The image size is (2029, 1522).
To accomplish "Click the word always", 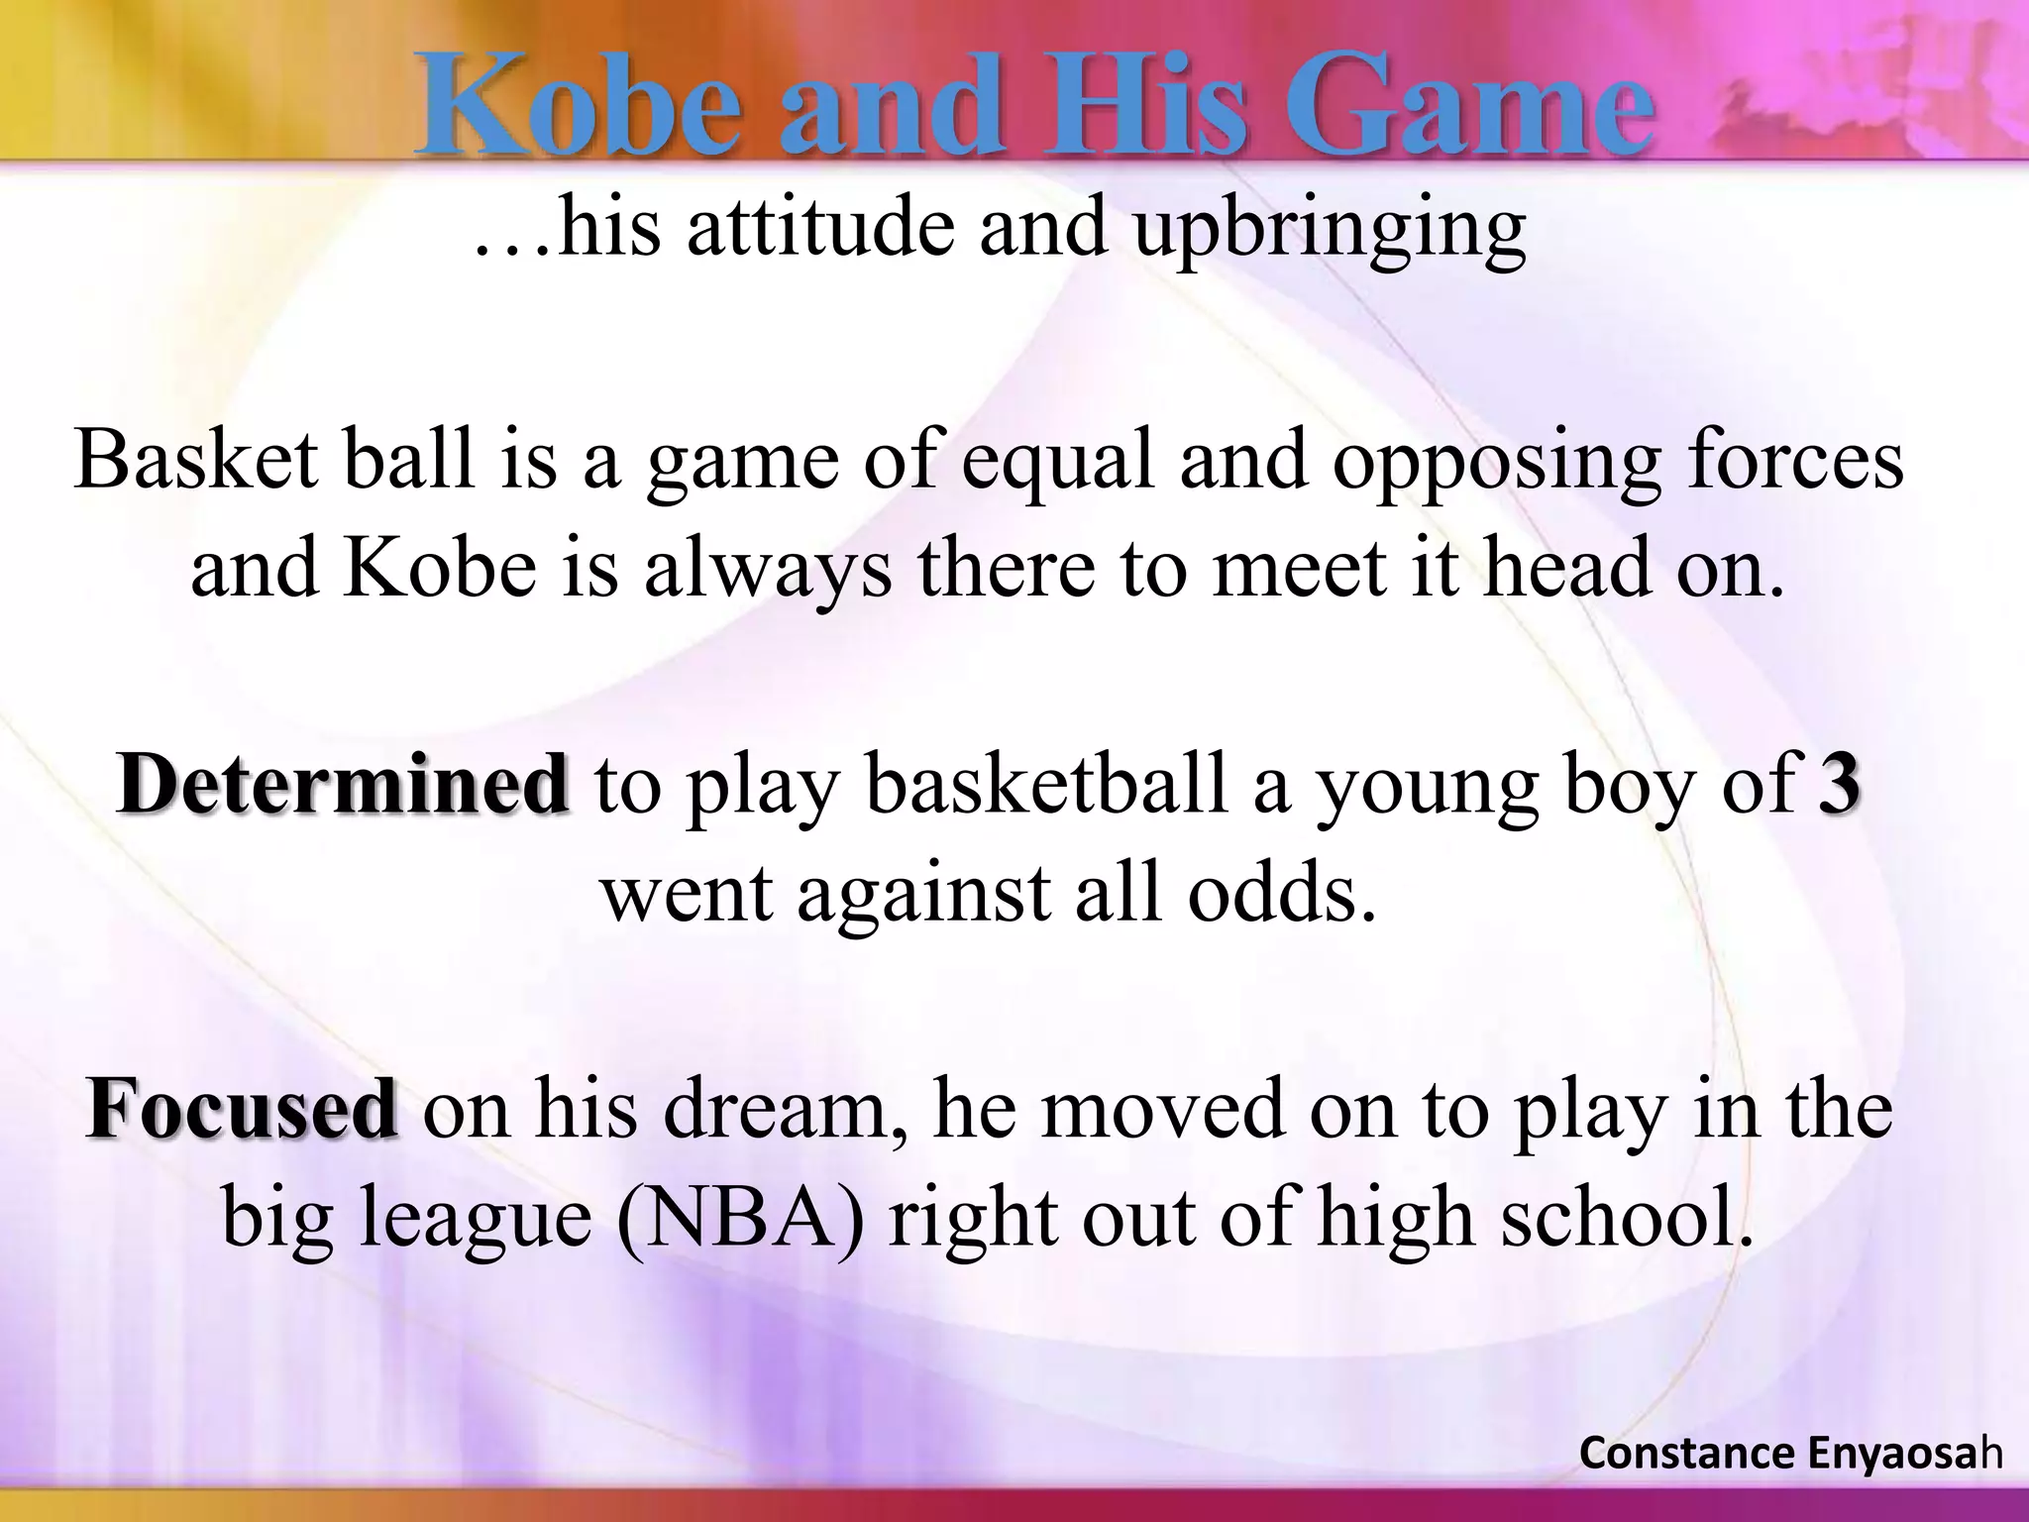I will click(768, 571).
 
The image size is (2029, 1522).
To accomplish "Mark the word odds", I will click(1282, 892).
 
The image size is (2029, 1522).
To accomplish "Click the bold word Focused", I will click(243, 1110).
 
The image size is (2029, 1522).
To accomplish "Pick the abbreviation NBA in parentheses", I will click(739, 1219).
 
